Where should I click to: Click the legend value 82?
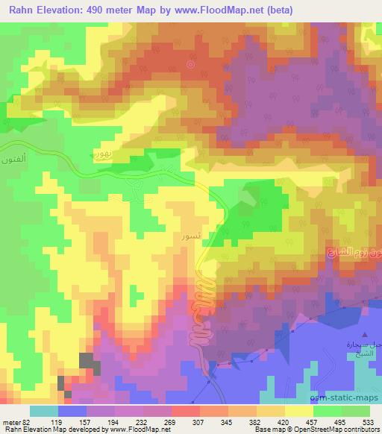pyautogui.click(x=28, y=422)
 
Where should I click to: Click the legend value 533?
pyautogui.click(x=369, y=422)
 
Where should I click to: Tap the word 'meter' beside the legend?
pyautogui.click(x=11, y=422)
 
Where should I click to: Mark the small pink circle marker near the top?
pyautogui.click(x=190, y=64)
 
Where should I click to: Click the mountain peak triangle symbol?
pyautogui.click(x=366, y=334)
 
